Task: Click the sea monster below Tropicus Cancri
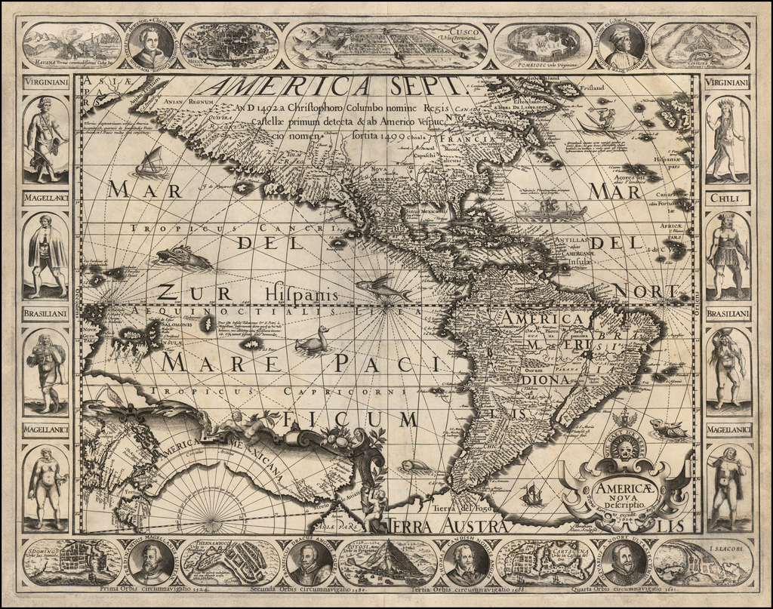pos(183,258)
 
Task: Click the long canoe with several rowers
pos(550,210)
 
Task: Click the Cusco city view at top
pos(386,45)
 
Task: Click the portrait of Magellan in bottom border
pos(152,562)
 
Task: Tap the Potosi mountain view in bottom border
pos(386,563)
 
